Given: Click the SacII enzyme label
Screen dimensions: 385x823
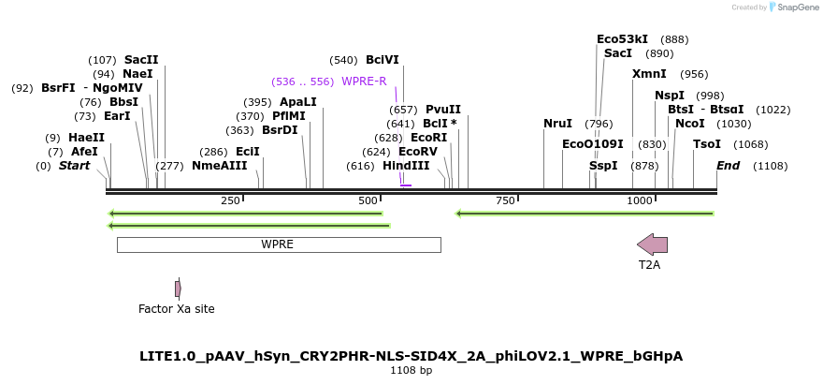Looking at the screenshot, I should [x=141, y=59].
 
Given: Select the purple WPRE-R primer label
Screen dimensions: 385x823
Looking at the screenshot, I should [x=364, y=81].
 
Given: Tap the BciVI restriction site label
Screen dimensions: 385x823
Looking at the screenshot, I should [x=382, y=59].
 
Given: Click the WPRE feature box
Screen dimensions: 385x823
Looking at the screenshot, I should [x=278, y=244].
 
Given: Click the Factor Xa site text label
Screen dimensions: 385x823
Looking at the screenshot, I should [x=176, y=308].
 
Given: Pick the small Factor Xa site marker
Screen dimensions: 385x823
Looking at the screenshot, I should [x=178, y=289].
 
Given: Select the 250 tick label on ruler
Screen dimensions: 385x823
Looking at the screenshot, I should [x=230, y=201].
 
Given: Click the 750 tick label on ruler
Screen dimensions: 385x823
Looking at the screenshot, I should [x=506, y=201].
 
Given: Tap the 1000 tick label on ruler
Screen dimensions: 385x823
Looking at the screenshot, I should [x=640, y=201].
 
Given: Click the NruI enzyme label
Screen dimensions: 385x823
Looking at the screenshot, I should [x=557, y=124].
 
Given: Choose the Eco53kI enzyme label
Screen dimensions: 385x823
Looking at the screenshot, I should [x=622, y=39].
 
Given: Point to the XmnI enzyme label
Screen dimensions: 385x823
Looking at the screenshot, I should [x=649, y=74].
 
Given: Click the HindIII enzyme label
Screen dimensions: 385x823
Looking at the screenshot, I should [x=406, y=166].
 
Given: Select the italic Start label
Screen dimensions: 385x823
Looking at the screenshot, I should [x=74, y=166].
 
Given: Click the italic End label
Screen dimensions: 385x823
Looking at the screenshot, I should [x=728, y=166].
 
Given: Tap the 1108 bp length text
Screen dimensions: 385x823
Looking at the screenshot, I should [x=411, y=371].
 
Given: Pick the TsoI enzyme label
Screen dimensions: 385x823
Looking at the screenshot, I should [x=706, y=144].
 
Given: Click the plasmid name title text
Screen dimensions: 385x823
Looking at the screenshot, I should [x=411, y=356].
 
